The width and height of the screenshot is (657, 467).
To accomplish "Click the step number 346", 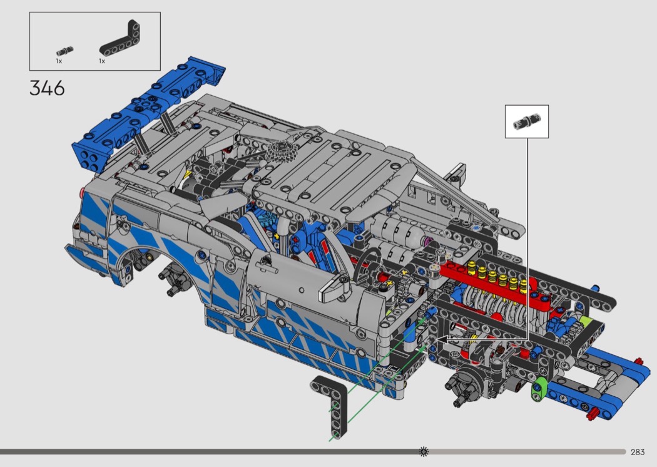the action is [47, 88].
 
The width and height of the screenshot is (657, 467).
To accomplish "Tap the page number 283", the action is [638, 452].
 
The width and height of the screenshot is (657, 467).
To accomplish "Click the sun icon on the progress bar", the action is [424, 451].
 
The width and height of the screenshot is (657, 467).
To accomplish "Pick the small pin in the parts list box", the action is [64, 51].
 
